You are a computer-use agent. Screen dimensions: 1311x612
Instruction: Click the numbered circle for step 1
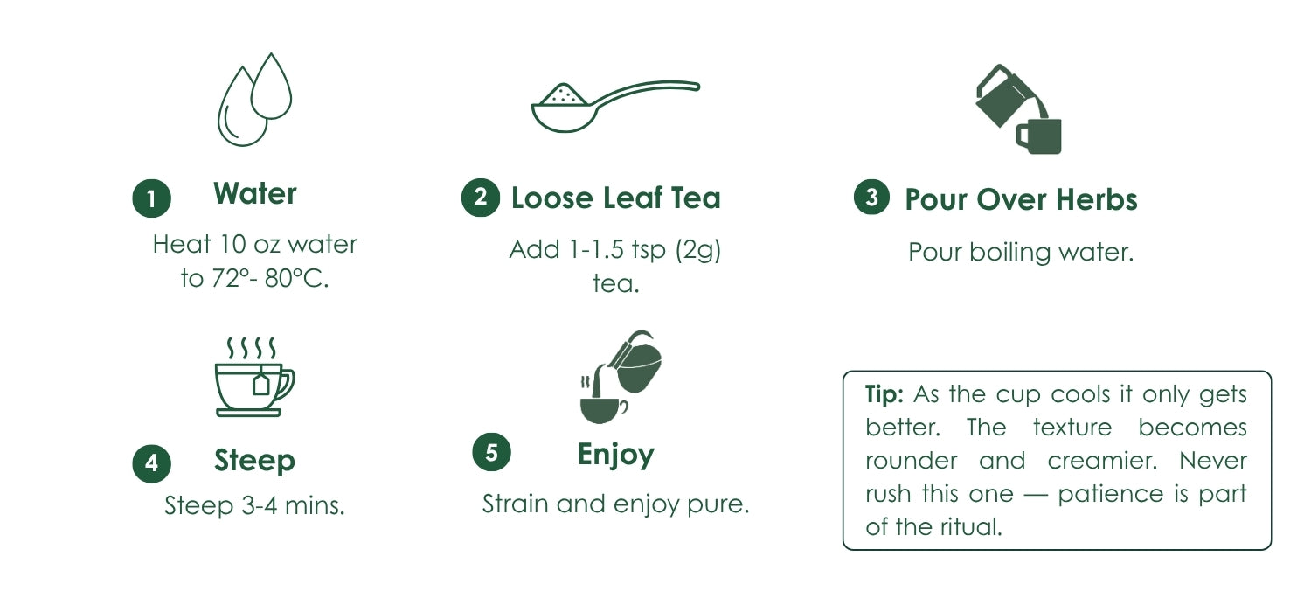(x=151, y=198)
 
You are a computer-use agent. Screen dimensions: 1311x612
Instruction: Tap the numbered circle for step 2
(x=481, y=198)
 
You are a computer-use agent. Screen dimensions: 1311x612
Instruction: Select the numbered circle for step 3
(x=871, y=197)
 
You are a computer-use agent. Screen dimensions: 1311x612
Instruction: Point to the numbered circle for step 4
(x=151, y=463)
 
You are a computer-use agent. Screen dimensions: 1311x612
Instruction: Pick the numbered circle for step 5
(x=491, y=452)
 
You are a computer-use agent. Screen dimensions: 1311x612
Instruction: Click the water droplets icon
(x=254, y=99)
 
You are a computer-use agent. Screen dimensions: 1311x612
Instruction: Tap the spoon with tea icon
(x=615, y=106)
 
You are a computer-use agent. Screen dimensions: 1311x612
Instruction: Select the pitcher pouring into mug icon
(x=1018, y=109)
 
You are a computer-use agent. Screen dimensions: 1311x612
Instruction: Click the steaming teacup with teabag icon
(x=254, y=377)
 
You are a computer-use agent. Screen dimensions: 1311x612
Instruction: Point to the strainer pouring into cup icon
(x=621, y=377)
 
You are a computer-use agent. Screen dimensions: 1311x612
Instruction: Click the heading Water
(x=255, y=193)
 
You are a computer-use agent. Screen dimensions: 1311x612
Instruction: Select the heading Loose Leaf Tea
(x=615, y=198)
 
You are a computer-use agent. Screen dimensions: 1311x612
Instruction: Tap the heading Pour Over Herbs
(x=1022, y=199)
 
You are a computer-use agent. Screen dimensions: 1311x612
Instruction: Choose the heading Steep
(x=254, y=461)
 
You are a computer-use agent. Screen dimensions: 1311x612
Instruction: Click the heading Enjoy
(x=615, y=455)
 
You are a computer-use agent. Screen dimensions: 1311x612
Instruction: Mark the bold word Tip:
(x=884, y=394)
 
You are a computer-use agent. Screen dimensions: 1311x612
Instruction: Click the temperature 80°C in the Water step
(x=296, y=278)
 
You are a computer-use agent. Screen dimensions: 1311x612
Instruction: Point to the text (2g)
(x=697, y=250)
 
